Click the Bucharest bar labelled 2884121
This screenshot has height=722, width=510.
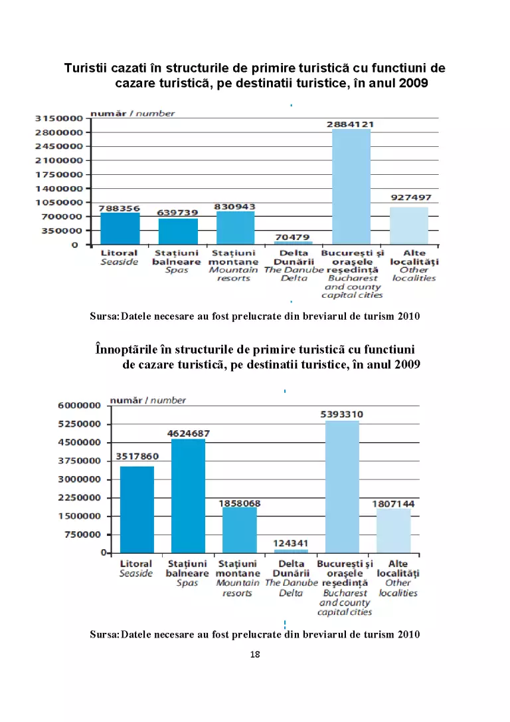[x=351, y=187]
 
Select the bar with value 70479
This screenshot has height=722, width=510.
[x=294, y=243]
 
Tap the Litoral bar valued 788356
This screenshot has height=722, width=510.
[x=120, y=229]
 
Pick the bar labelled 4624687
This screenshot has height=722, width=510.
[x=188, y=496]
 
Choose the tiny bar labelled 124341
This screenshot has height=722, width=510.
[x=291, y=551]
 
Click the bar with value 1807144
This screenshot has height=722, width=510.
[x=394, y=531]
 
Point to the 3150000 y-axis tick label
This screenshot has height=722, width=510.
[x=59, y=118]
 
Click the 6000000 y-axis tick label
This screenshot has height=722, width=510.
[x=79, y=405]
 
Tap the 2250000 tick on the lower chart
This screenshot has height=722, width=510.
[x=79, y=497]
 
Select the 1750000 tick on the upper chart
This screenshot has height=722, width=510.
[x=59, y=174]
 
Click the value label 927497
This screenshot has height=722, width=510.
[x=411, y=197]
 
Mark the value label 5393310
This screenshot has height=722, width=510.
[x=342, y=414]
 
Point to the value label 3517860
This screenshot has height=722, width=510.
[x=137, y=456]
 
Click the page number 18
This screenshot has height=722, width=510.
[x=255, y=654]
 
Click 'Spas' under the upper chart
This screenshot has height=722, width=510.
[x=177, y=271]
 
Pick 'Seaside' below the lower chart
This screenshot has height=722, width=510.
[x=135, y=573]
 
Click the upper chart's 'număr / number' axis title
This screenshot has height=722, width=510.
[x=132, y=113]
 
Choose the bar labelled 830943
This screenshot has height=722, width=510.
[x=236, y=228]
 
